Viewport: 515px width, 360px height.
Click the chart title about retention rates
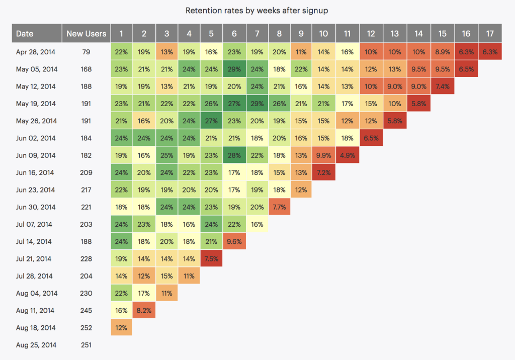click(257, 10)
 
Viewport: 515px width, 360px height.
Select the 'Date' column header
click(25, 34)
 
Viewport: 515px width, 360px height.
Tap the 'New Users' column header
click(87, 34)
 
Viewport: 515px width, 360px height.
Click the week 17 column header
click(490, 34)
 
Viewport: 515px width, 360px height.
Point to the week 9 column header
click(301, 34)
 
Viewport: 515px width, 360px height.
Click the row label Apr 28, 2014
click(36, 51)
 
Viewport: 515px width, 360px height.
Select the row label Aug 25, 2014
click(36, 345)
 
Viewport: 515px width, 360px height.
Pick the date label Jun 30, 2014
click(36, 207)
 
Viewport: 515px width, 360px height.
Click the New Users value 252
click(87, 328)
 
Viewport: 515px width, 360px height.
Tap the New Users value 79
click(87, 51)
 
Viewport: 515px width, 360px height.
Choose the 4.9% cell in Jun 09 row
click(347, 155)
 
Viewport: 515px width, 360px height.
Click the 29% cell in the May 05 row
click(234, 69)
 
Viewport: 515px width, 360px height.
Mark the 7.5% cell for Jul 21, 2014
click(211, 259)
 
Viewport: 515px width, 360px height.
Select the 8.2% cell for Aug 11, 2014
click(144, 311)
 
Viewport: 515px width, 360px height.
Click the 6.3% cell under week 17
click(490, 51)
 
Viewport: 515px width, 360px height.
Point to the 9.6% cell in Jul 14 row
click(234, 241)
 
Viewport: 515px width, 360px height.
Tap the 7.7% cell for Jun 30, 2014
click(279, 207)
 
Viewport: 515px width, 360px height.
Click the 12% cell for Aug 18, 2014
click(121, 328)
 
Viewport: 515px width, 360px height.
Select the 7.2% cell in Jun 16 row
click(323, 172)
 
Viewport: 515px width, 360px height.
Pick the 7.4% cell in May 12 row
click(442, 86)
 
